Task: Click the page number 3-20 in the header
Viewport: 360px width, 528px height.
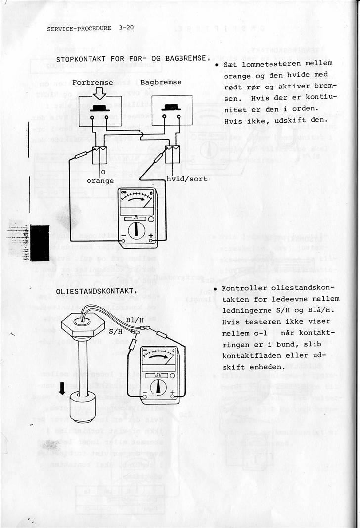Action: point(126,28)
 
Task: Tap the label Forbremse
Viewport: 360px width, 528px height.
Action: point(92,82)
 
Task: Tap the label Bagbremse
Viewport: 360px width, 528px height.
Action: point(161,82)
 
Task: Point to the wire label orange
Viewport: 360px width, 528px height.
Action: point(100,181)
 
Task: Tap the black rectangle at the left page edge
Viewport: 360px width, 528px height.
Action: point(40,242)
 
